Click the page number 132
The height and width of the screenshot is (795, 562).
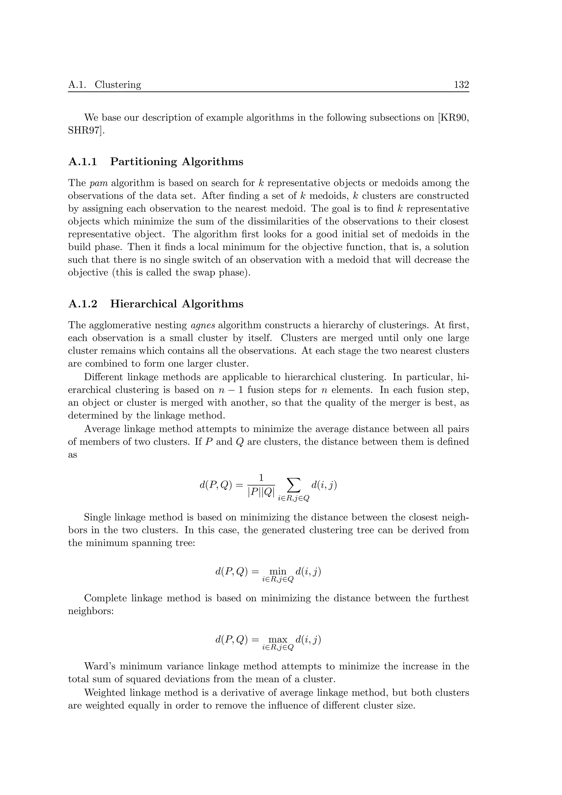click(461, 85)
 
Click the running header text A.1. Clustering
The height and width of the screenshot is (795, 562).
click(105, 85)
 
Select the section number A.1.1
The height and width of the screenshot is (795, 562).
click(83, 162)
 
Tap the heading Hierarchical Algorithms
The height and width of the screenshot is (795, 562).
click(177, 304)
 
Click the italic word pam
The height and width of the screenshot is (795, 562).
click(98, 183)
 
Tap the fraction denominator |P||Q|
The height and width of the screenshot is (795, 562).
click(261, 492)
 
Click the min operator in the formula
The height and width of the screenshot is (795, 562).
click(278, 572)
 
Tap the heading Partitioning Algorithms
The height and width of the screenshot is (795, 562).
click(177, 162)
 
